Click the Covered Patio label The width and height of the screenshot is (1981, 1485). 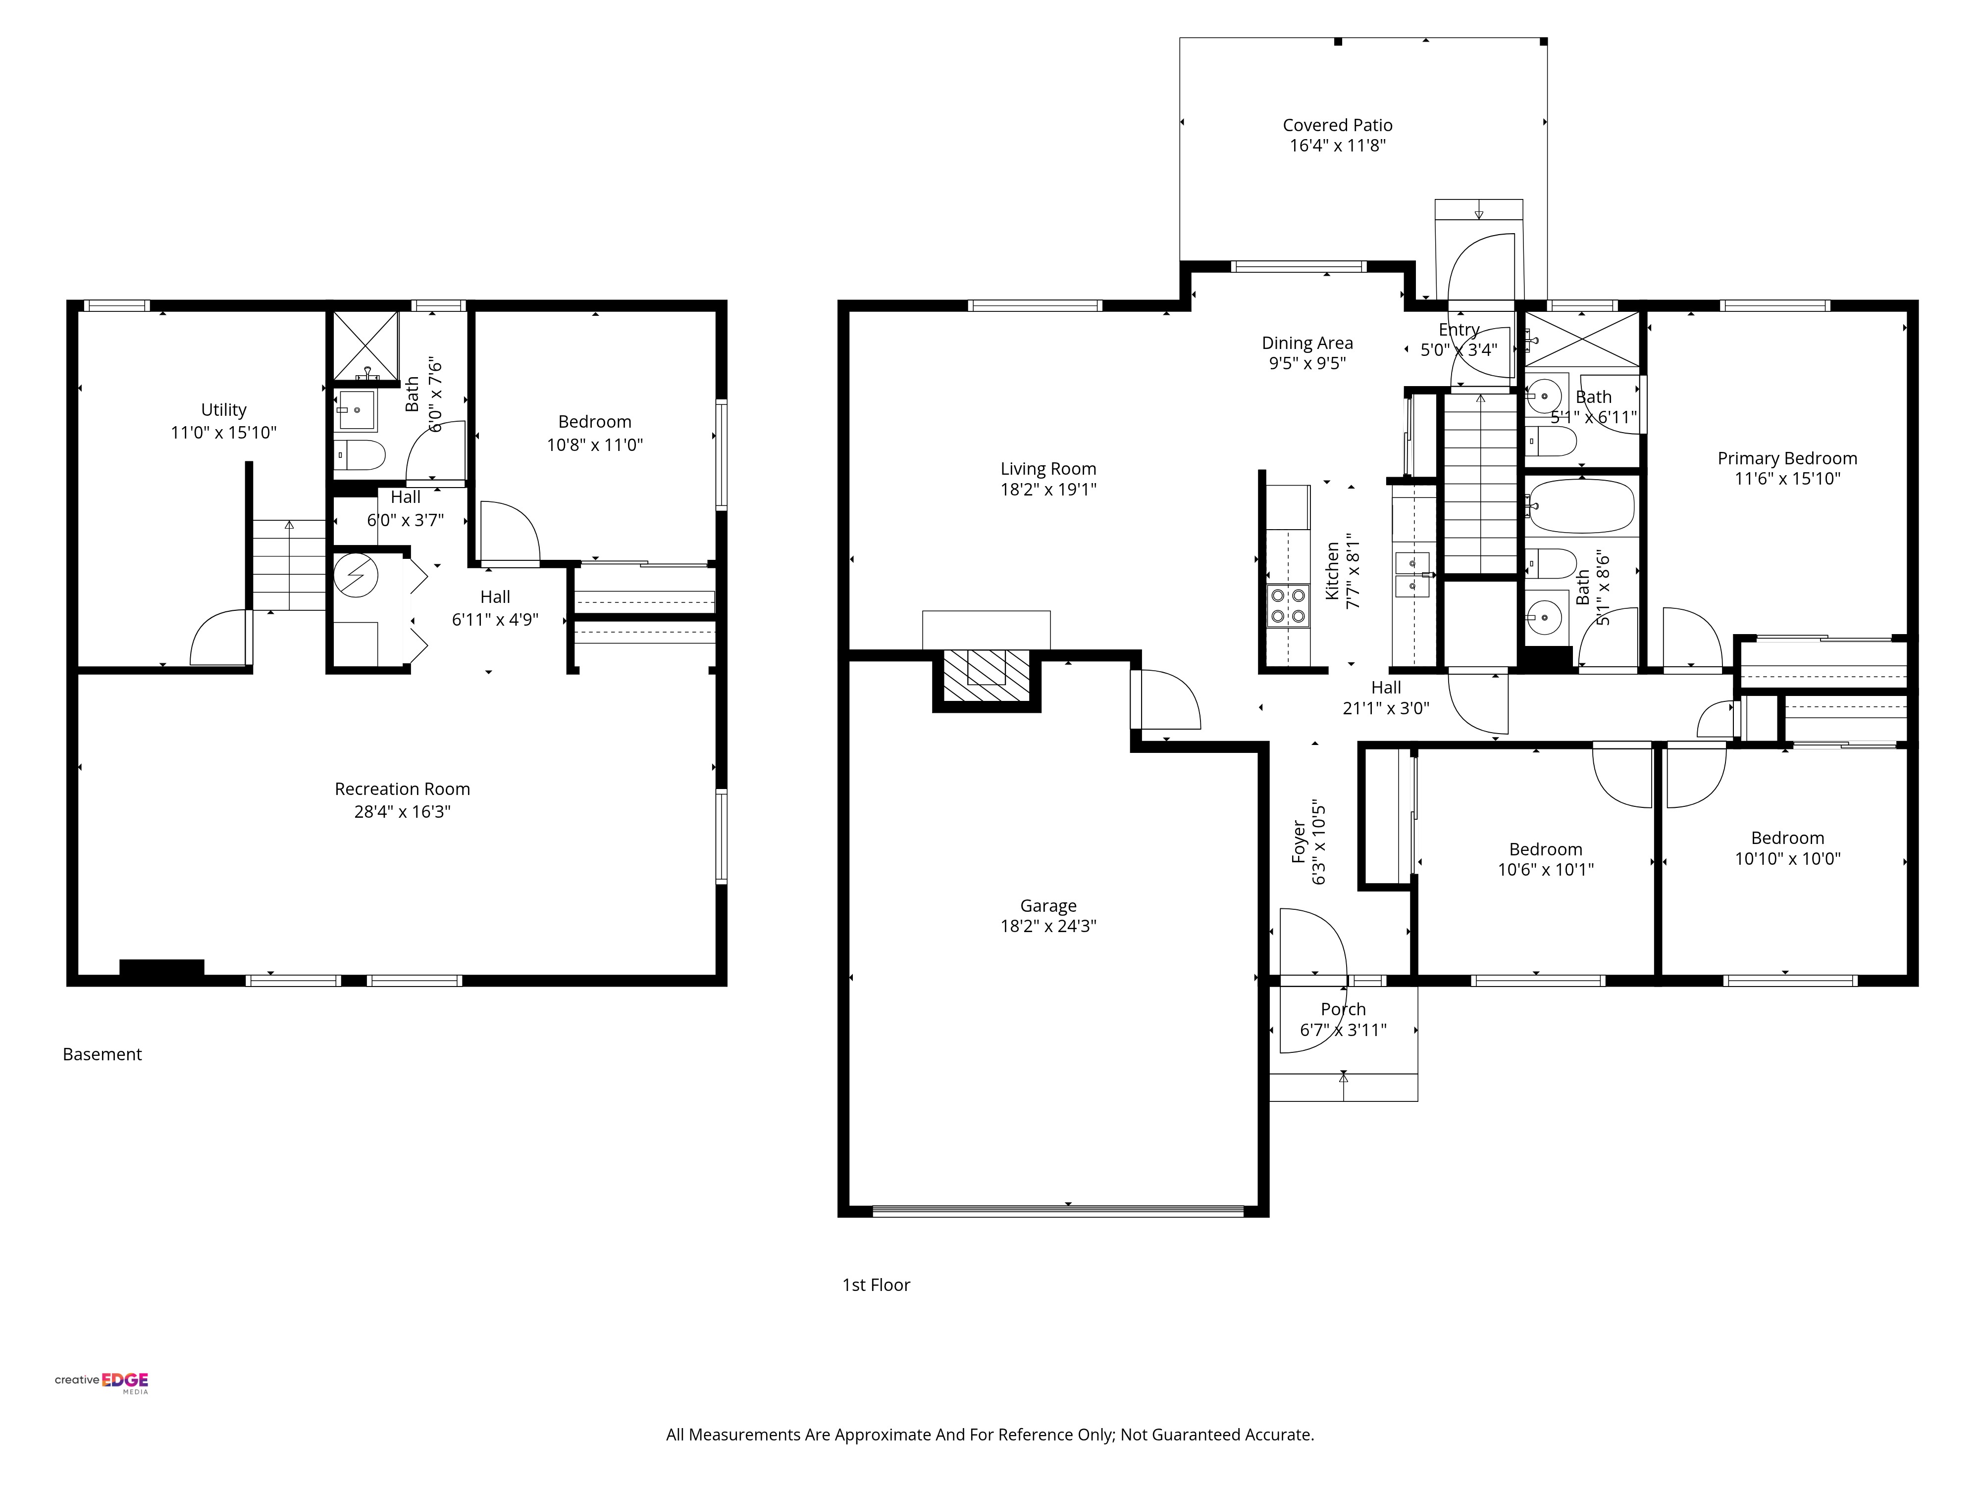click(1337, 125)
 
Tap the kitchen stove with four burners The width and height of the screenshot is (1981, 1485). click(1288, 605)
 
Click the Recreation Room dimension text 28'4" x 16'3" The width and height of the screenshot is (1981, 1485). click(402, 812)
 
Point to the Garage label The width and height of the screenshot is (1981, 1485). click(1048, 906)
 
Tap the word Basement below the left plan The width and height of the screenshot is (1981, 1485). click(102, 1054)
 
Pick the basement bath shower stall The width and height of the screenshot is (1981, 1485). click(365, 346)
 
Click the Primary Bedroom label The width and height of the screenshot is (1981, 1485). click(1787, 458)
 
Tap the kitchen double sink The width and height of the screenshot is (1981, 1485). click(1412, 575)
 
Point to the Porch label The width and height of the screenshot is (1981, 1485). click(1343, 1010)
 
